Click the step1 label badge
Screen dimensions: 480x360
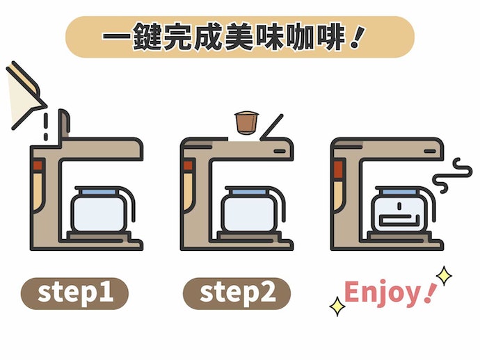(x=74, y=293)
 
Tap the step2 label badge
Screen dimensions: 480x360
(x=237, y=293)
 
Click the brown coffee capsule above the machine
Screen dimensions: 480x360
(x=246, y=123)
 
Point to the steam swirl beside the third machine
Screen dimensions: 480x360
(x=452, y=176)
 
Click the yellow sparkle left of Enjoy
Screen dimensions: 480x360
(x=337, y=306)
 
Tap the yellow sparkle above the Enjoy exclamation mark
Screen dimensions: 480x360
(x=444, y=276)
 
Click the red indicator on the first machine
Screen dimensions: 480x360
(x=38, y=165)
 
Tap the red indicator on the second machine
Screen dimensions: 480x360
(x=188, y=165)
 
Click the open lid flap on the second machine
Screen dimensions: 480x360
(x=271, y=127)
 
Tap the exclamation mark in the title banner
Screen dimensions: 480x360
(x=357, y=38)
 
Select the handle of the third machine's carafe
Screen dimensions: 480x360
(x=432, y=202)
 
